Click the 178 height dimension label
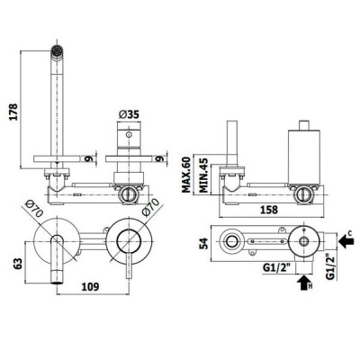13,112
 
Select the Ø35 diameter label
129,114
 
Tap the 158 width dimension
269,210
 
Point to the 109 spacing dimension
90,287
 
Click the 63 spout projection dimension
19,264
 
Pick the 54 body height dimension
204,243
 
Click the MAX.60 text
186,175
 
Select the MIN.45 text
203,175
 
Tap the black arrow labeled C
346,241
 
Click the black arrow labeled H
303,282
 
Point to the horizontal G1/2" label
277,268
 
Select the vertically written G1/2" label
330,267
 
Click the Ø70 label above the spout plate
34,209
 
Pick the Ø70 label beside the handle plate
150,208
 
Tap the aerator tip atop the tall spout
57,50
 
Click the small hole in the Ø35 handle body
129,134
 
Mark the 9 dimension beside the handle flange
161,158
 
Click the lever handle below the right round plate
129,265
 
